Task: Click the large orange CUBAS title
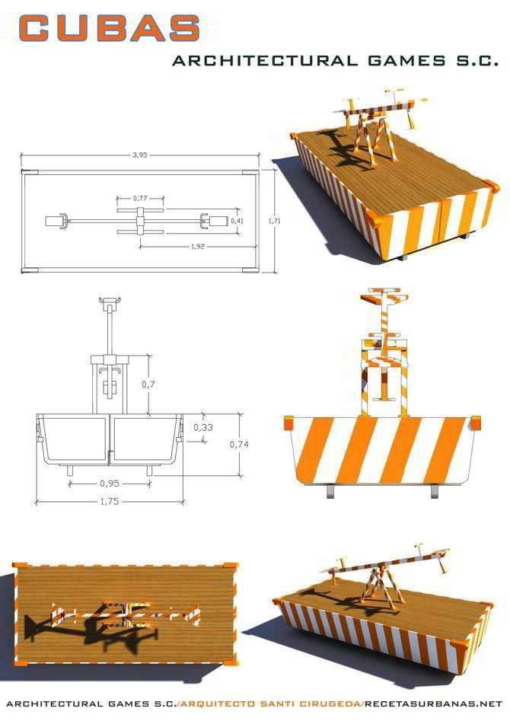pos(110,27)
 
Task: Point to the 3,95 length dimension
pos(140,155)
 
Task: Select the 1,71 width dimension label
pos(274,221)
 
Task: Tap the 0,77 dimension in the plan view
pos(140,198)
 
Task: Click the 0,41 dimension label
pos(237,221)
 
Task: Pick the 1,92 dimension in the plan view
pos(198,247)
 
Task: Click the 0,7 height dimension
pos(148,384)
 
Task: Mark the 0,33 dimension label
pos(202,427)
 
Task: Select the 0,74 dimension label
pos(239,444)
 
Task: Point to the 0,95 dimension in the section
pos(110,483)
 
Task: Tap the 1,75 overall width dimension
pos(110,501)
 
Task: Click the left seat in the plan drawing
pos(55,221)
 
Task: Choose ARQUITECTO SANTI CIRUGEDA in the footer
pos(271,704)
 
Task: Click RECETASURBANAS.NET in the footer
pos(434,704)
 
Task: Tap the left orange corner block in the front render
pos(288,423)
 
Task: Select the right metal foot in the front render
pos(434,491)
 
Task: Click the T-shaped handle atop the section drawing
pos(110,301)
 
